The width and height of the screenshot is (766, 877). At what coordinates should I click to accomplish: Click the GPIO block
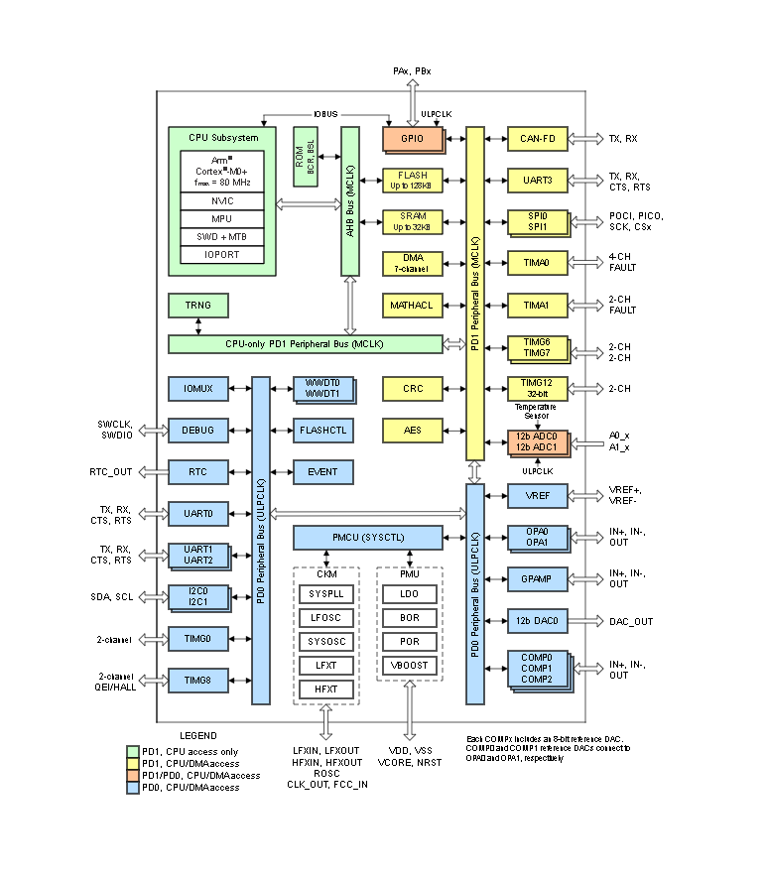tap(412, 139)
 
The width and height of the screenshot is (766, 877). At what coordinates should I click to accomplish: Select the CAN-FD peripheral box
tap(537, 139)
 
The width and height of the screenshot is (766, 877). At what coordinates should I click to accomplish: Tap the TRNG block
tap(197, 305)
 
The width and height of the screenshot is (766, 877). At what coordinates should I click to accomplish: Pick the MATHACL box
tap(412, 305)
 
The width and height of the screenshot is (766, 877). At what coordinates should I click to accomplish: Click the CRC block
tap(412, 388)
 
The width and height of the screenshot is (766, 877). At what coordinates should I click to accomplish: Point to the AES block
tap(412, 430)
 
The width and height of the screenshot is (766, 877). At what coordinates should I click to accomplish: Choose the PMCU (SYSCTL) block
tap(367, 537)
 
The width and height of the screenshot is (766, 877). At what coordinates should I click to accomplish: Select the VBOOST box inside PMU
tap(409, 664)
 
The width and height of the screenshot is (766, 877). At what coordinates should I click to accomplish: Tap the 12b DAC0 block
tap(537, 621)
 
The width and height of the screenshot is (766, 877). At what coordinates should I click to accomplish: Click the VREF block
tap(537, 495)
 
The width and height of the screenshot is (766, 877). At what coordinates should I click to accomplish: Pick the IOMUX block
tap(197, 388)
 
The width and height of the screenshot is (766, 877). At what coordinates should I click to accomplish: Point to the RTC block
tap(197, 471)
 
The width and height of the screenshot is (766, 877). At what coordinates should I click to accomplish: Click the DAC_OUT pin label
tap(631, 621)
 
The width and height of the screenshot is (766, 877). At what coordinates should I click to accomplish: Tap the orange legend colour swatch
tap(133, 775)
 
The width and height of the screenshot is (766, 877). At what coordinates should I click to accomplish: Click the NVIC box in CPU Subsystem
tap(223, 199)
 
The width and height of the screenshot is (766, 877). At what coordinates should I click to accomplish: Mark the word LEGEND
tap(198, 735)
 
